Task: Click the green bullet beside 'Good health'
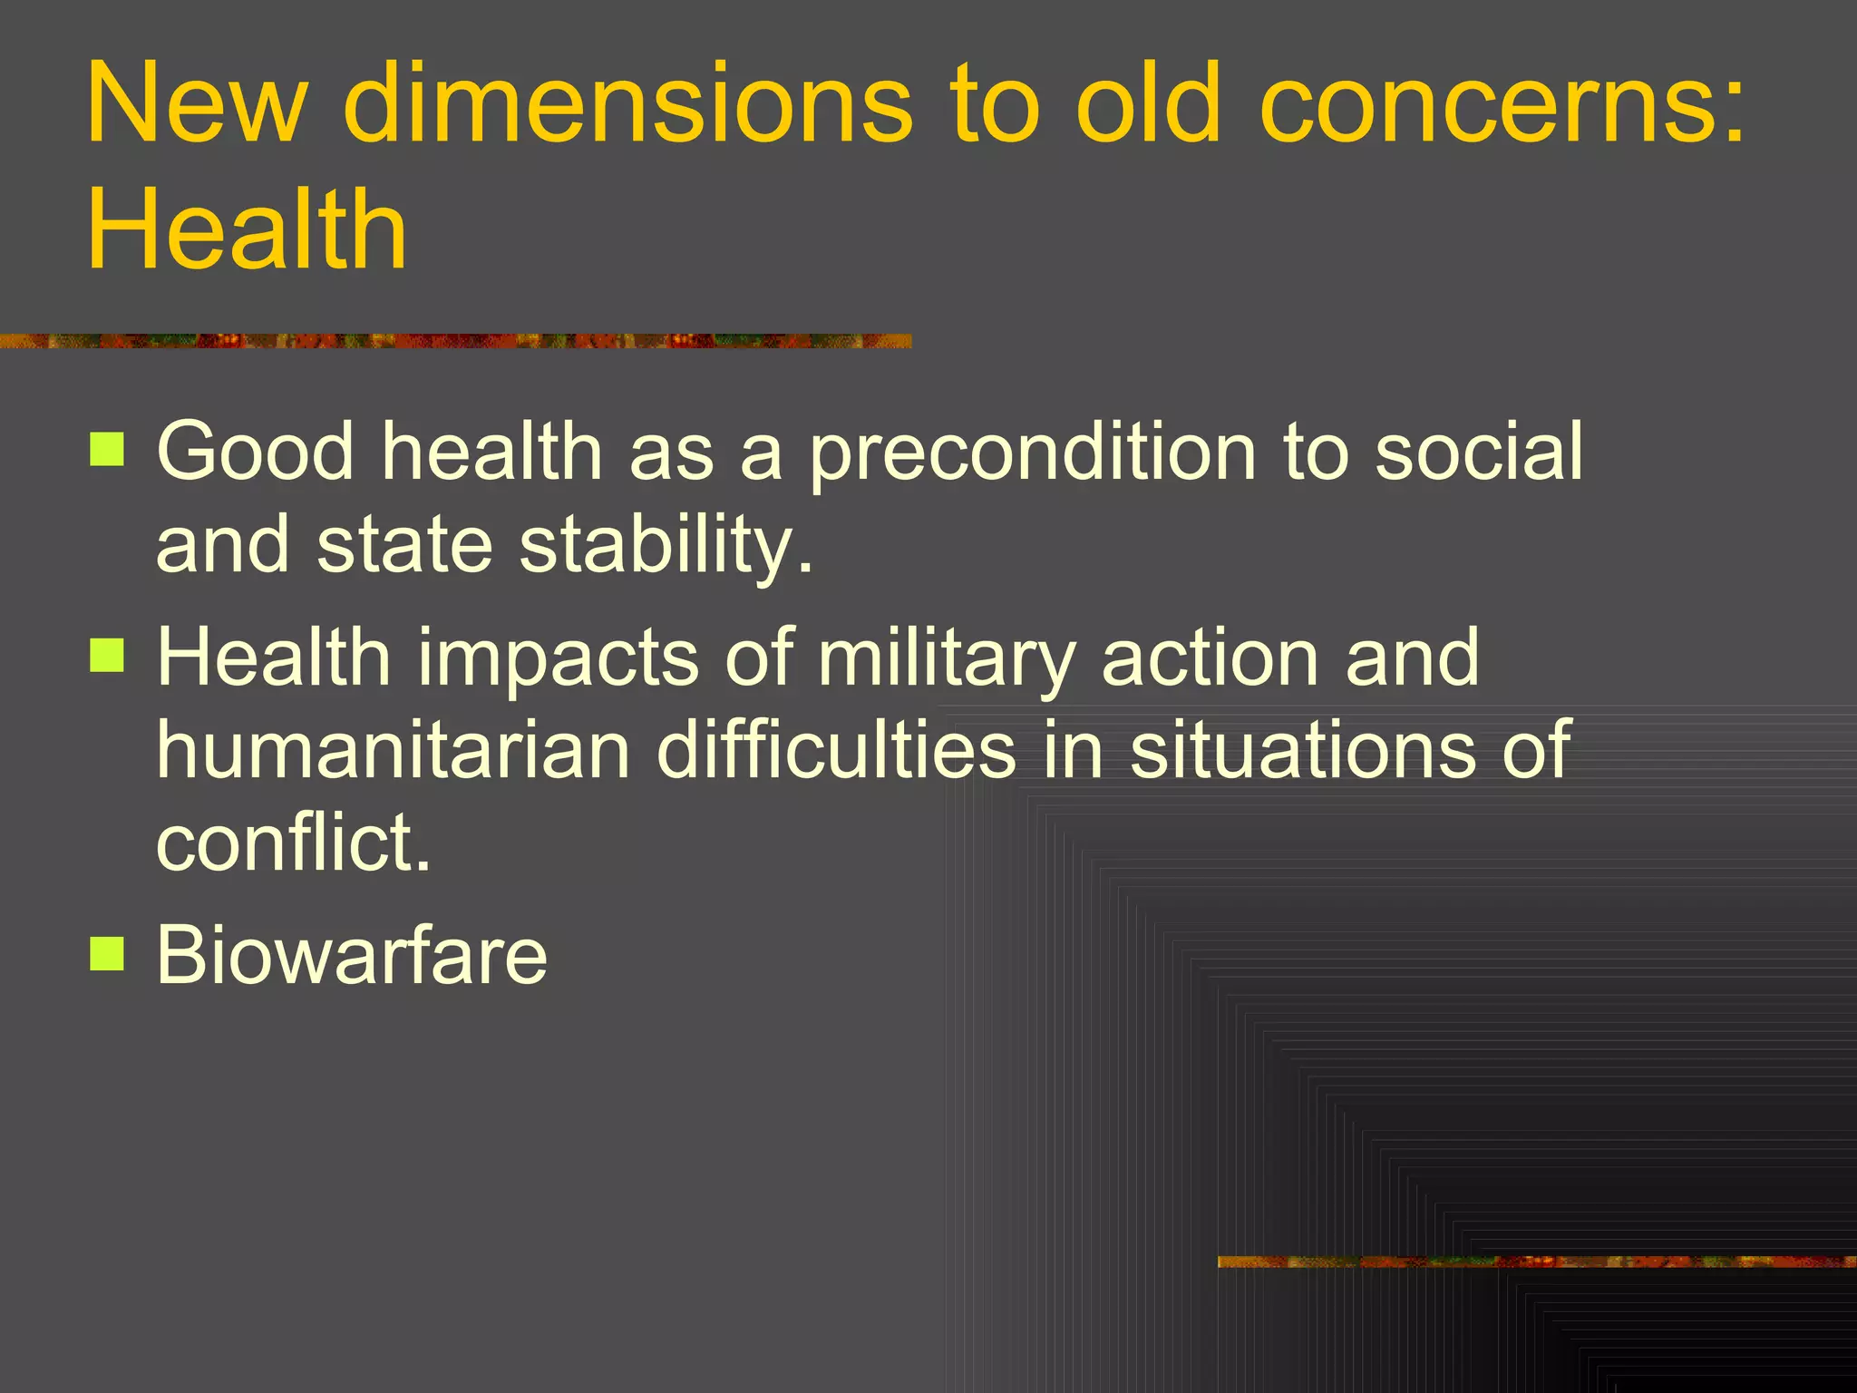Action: (107, 449)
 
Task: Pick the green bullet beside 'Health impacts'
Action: (107, 655)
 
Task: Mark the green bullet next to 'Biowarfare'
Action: (107, 954)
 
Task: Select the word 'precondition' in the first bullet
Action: (1032, 453)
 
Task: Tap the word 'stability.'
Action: (666, 546)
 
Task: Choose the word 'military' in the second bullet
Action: (947, 658)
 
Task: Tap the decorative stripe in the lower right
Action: (1536, 1261)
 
